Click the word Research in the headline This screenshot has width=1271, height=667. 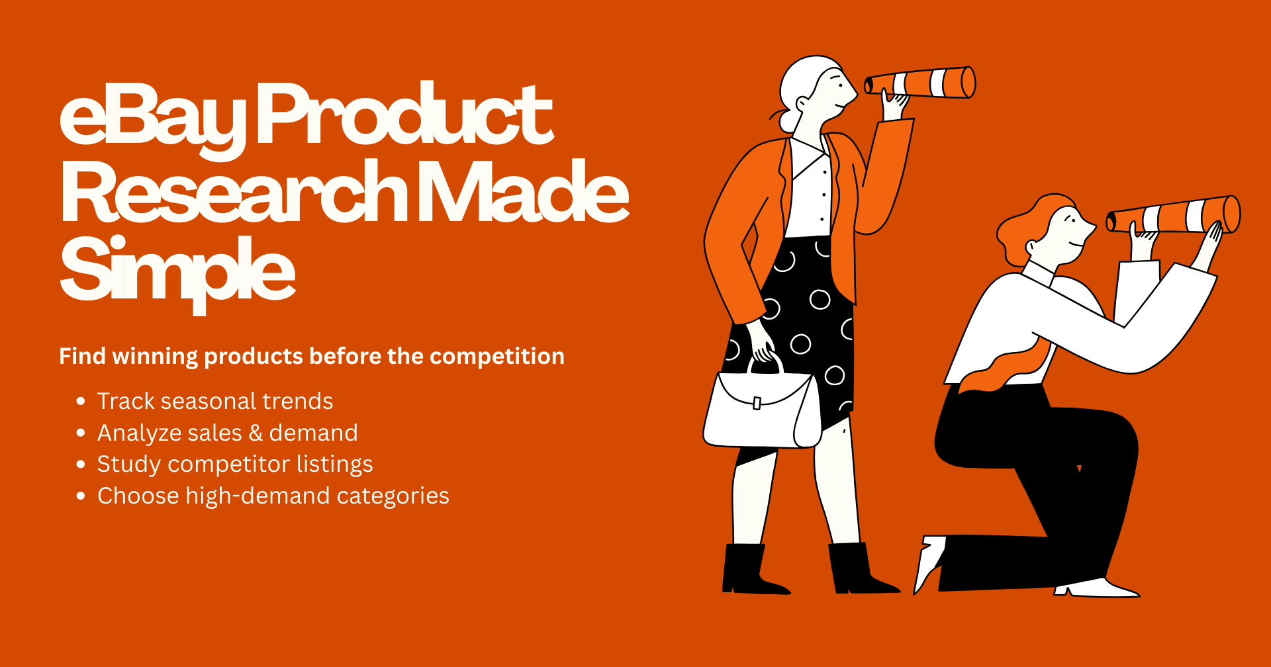pyautogui.click(x=235, y=192)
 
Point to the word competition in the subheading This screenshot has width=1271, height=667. pyautogui.click(x=497, y=357)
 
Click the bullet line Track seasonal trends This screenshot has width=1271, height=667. pyautogui.click(x=215, y=401)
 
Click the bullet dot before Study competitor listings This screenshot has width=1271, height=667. pyautogui.click(x=81, y=465)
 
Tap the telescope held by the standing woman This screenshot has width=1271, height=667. pyautogui.click(x=920, y=83)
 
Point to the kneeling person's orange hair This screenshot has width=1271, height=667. pyautogui.click(x=1033, y=225)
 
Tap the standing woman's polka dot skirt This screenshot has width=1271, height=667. pyautogui.click(x=804, y=331)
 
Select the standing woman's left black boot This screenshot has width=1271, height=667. pyautogui.click(x=751, y=569)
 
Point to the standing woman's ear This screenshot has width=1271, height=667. pyautogui.click(x=802, y=104)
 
